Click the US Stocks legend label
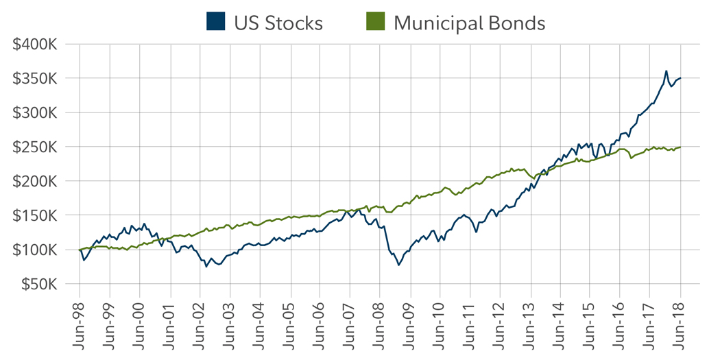pyautogui.click(x=278, y=23)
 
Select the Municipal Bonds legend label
pyautogui.click(x=469, y=23)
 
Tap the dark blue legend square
pyautogui.click(x=215, y=22)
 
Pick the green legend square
pyautogui.click(x=375, y=22)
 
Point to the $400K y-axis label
pyautogui.click(x=34, y=45)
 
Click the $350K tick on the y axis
pyautogui.click(x=34, y=79)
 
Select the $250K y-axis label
pyautogui.click(x=34, y=147)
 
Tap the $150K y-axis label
pyautogui.click(x=34, y=215)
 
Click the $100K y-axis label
pyautogui.click(x=34, y=250)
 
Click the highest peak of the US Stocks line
pyautogui.click(x=666, y=71)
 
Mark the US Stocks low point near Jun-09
pyautogui.click(x=398, y=265)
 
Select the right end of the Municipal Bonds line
pyautogui.click(x=680, y=147)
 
